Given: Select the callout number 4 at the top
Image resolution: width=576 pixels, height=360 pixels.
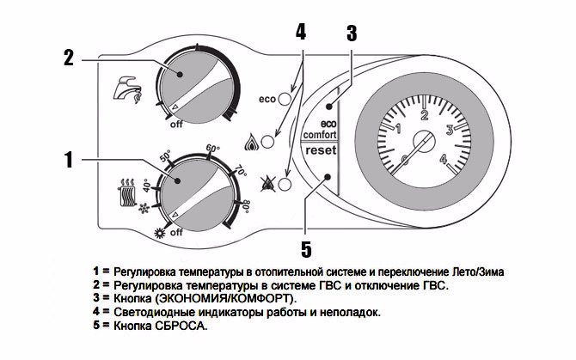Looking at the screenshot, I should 301,32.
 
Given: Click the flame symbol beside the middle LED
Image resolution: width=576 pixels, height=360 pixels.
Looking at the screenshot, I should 252,138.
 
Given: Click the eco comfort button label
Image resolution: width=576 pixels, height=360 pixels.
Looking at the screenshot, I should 319,130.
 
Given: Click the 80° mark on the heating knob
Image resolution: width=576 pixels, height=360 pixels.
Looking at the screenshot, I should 246,206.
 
